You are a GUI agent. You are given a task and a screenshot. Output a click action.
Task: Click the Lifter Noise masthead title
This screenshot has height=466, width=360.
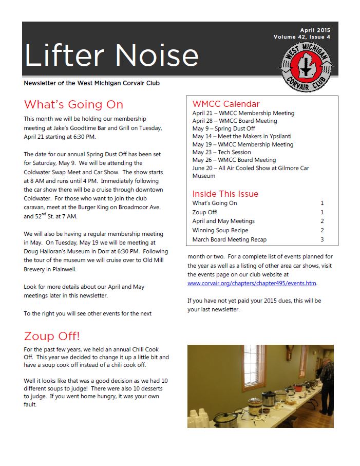tap(111, 55)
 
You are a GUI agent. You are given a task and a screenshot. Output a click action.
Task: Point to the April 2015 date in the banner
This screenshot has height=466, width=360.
tap(315, 30)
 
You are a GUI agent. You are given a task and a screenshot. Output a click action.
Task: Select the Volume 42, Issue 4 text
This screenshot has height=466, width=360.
tap(302, 37)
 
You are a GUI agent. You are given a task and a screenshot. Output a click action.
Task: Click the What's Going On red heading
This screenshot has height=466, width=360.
tap(73, 105)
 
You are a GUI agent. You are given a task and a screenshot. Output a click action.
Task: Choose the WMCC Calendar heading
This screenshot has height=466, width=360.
tap(226, 104)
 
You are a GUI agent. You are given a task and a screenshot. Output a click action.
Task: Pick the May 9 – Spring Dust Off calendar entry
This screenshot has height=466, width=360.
tap(223, 128)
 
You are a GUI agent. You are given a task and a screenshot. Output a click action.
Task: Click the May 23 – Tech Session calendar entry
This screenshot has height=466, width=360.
tap(221, 152)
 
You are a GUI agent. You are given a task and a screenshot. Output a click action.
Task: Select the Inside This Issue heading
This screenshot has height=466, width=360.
tap(225, 194)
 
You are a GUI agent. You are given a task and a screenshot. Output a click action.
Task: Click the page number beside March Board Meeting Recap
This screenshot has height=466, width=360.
tap(322, 239)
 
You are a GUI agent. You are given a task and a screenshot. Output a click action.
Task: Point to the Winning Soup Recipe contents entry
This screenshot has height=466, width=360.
tap(220, 230)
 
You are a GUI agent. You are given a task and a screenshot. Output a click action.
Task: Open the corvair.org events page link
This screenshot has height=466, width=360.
tap(252, 283)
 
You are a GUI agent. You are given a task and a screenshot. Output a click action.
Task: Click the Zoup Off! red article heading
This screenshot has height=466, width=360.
tap(52, 336)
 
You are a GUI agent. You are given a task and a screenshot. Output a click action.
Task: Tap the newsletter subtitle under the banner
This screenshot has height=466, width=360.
tap(94, 83)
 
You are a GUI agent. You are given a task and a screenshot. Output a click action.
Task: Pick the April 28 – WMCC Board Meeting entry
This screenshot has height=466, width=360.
tap(234, 121)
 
